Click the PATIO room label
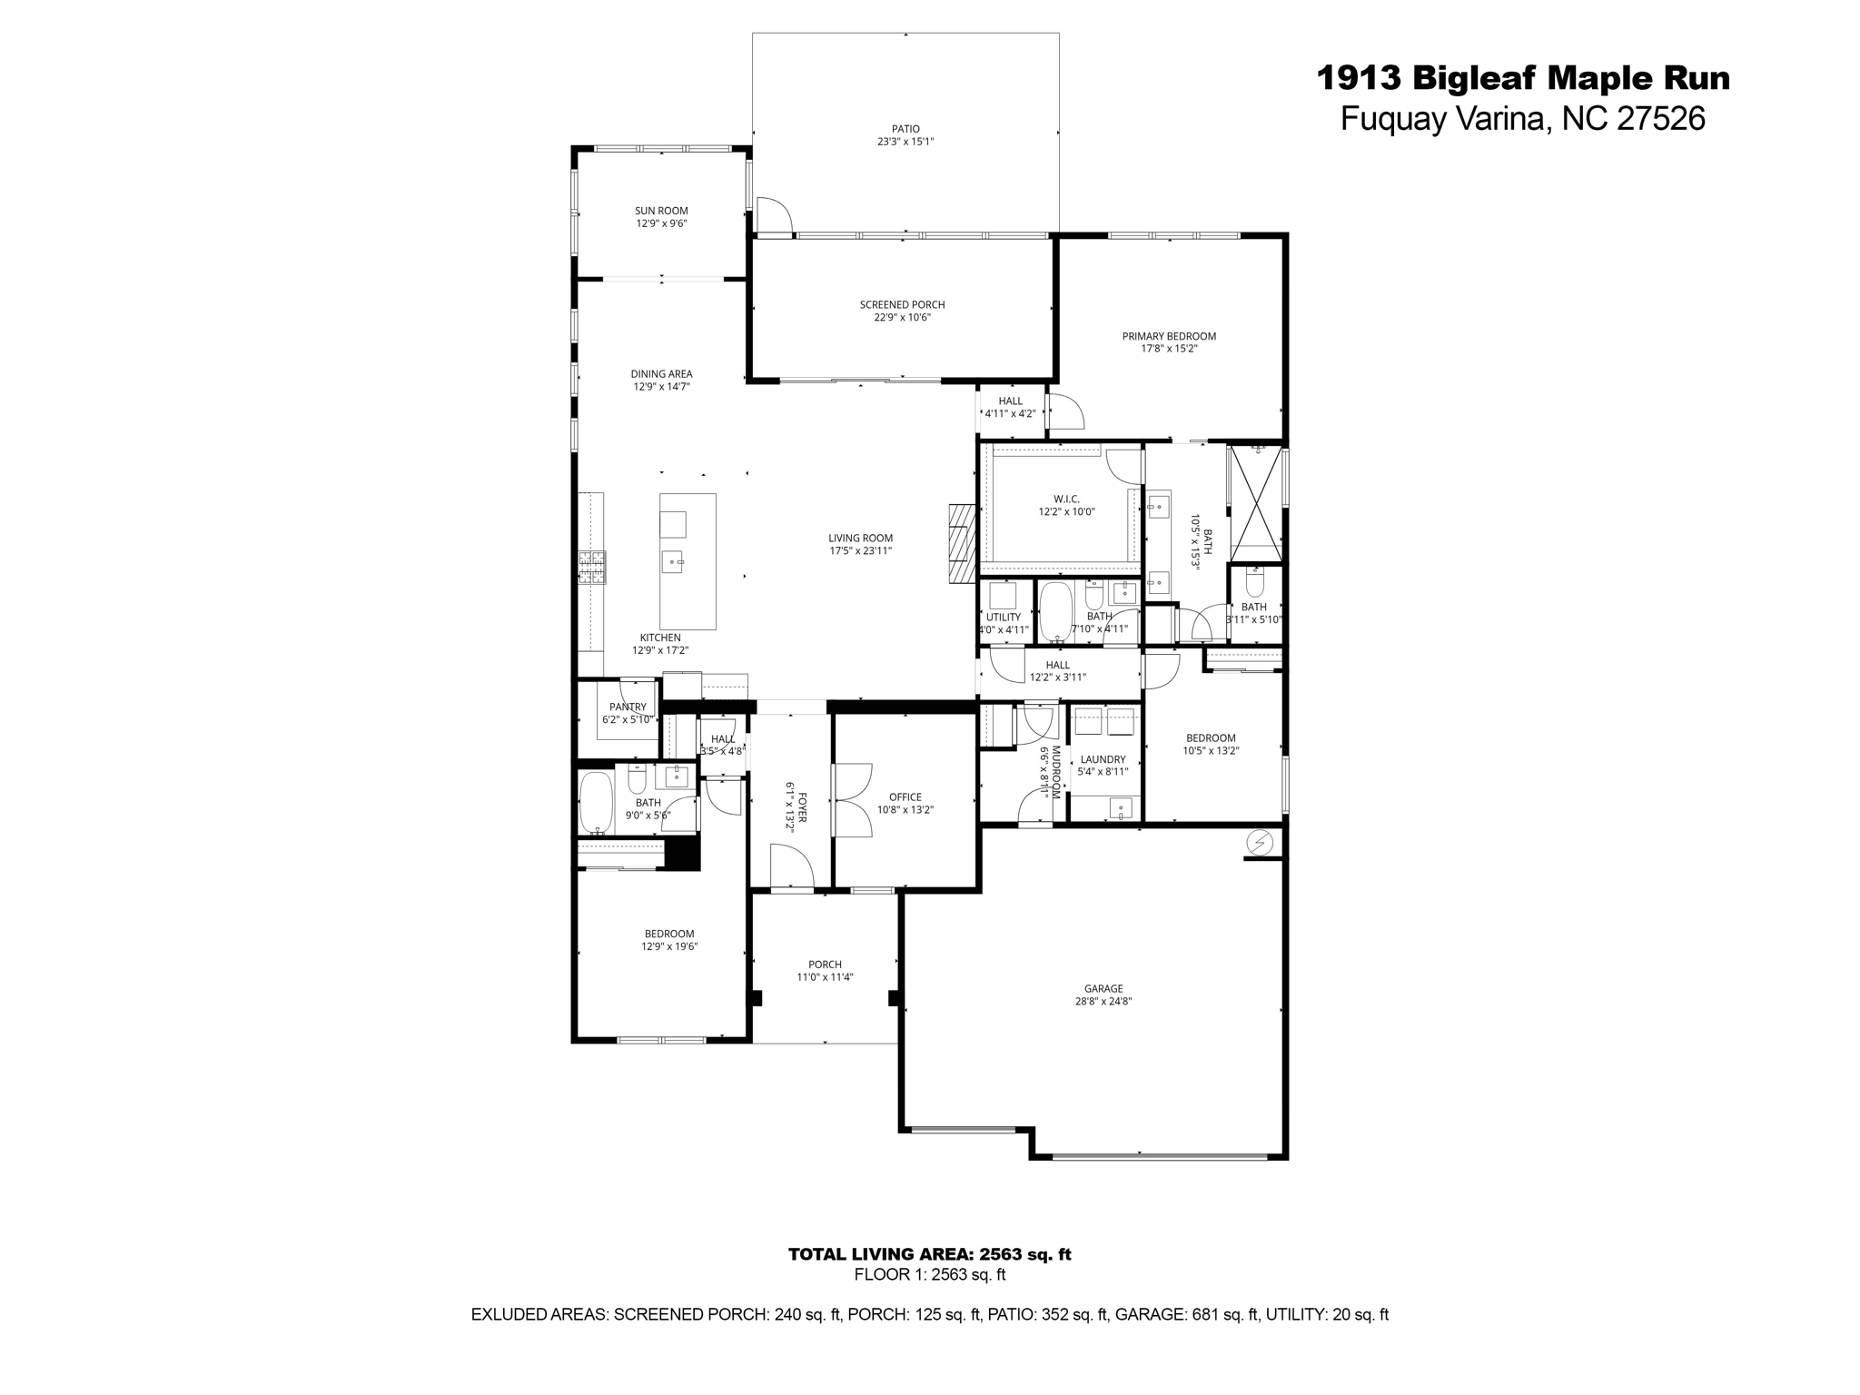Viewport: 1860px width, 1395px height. click(905, 129)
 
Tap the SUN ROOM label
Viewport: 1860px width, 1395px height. click(661, 211)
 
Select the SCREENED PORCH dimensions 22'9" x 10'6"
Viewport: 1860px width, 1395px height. click(902, 317)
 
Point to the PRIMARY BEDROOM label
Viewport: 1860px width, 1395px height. click(1169, 336)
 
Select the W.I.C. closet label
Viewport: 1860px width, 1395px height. click(1066, 499)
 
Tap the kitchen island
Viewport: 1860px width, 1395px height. click(688, 561)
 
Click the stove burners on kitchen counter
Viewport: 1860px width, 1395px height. click(592, 568)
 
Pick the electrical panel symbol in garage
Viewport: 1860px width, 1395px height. click(1260, 843)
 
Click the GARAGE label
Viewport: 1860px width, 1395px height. click(1103, 989)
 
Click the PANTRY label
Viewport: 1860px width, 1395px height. click(628, 707)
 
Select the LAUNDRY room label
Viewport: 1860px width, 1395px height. click(1103, 759)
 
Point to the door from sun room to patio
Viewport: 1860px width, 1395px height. click(773, 216)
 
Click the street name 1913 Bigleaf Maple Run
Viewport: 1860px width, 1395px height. click(1523, 78)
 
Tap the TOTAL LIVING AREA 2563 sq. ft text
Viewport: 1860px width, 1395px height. click(929, 1254)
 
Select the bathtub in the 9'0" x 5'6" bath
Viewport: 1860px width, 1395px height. click(597, 802)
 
